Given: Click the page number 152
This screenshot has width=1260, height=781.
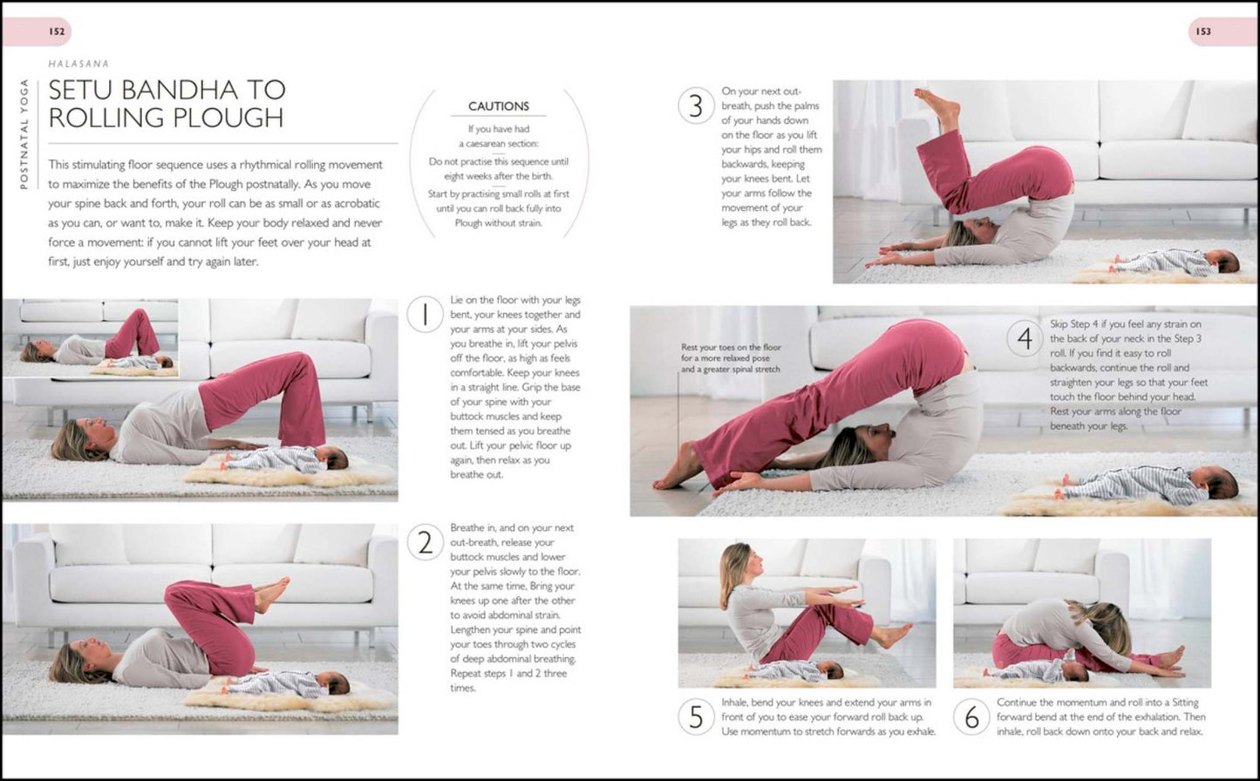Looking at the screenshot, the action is point(57,31).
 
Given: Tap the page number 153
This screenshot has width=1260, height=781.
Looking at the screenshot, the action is point(1203,31).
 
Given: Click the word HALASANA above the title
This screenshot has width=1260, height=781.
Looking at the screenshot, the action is point(78,65).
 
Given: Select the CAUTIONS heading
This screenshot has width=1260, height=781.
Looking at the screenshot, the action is point(499,106).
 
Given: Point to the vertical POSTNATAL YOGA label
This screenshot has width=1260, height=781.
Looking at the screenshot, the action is point(24,134).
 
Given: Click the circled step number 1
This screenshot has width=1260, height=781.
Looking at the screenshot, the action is point(426,315).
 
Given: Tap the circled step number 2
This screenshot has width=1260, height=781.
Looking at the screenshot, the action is point(426,542).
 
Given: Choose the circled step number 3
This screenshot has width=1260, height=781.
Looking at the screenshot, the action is point(697,105).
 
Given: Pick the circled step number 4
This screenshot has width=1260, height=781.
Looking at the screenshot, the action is point(1025,338).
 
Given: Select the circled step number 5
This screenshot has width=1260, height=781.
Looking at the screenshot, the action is point(697,716).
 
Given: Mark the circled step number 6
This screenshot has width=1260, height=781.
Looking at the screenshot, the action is point(972,716).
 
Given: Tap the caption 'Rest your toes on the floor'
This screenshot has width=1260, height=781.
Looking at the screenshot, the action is point(731,348).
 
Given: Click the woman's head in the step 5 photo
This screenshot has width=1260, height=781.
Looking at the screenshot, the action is point(738,568).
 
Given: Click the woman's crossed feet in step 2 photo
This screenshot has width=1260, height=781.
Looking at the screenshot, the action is point(271,594).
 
